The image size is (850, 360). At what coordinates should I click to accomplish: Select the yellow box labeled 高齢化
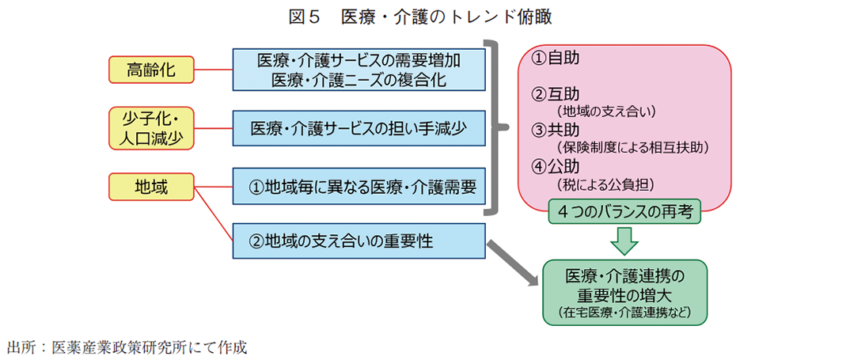pyautogui.click(x=150, y=69)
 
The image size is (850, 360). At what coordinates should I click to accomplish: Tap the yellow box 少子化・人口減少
pyautogui.click(x=150, y=127)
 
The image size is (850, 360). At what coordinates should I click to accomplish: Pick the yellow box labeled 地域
pyautogui.click(x=150, y=186)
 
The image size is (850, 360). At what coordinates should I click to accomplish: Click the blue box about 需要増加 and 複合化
pyautogui.click(x=359, y=69)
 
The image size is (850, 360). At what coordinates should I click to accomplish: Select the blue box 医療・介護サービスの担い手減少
pyautogui.click(x=359, y=127)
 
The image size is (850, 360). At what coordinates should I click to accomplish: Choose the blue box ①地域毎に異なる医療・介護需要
pyautogui.click(x=359, y=187)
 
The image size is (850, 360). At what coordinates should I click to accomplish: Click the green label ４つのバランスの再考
pyautogui.click(x=624, y=212)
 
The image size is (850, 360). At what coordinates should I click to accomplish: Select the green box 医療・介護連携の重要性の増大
pyautogui.click(x=624, y=293)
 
